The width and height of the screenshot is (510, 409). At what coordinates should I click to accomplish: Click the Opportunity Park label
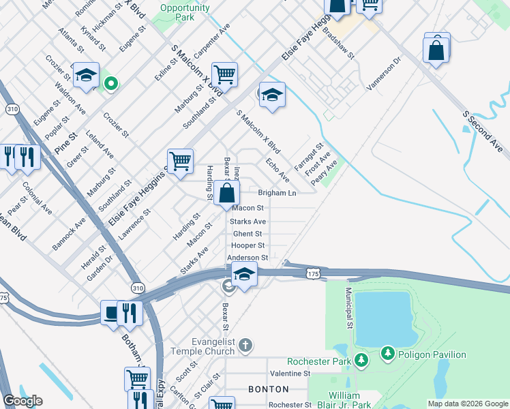pos(184,12)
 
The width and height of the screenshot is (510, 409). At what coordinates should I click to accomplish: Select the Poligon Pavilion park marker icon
pos(387,354)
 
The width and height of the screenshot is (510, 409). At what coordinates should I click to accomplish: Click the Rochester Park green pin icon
pos(362,360)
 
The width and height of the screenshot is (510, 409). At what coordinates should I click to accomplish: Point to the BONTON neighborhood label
pos(269,389)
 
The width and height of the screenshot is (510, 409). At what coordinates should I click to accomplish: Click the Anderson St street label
pos(247,258)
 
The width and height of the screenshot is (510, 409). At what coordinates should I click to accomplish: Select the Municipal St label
pos(348,307)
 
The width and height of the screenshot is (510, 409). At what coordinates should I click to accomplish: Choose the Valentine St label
pos(290,374)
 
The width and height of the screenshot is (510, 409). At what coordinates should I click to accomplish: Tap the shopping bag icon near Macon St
pos(226,193)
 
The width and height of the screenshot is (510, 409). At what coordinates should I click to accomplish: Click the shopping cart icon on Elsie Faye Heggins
pos(180,162)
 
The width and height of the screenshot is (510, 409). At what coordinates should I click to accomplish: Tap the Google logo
pos(22,402)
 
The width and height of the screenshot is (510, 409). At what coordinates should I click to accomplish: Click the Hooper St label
pos(247,245)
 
